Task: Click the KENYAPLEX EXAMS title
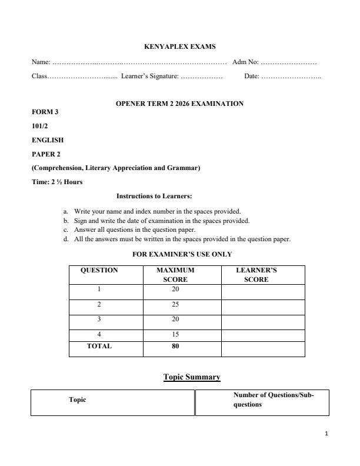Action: [179, 46]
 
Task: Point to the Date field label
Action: [251, 76]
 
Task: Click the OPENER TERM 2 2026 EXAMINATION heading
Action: [179, 104]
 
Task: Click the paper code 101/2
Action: [41, 126]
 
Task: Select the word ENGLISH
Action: [48, 140]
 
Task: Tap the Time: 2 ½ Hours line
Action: [57, 182]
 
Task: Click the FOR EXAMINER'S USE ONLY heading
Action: [182, 254]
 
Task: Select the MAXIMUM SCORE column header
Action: [175, 275]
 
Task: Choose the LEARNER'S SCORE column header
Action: [256, 275]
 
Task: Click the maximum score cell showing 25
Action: [175, 305]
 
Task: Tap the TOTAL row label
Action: [99, 347]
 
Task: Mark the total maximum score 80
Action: [175, 347]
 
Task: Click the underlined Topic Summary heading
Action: [192, 377]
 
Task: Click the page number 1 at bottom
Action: [326, 434]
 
